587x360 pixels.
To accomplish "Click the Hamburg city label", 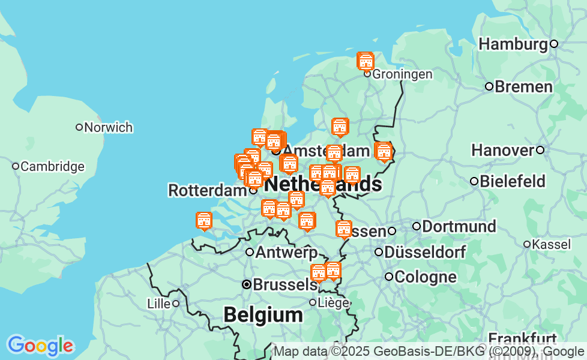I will tap(513, 44).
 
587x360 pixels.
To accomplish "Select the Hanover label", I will tap(502, 150).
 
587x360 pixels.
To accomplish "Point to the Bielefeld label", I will tap(513, 181).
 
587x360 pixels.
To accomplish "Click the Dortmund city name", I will tap(459, 227).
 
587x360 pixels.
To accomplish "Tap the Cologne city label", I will tap(426, 277).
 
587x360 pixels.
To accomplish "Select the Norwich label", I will tap(109, 128).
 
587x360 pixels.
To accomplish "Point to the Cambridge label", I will tap(52, 167).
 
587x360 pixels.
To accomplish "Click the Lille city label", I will tap(158, 304).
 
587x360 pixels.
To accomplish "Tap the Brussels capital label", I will tap(284, 285).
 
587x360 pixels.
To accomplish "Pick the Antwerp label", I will tap(286, 253).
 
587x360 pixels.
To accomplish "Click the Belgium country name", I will tap(263, 315).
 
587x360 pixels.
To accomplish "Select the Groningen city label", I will tap(402, 74).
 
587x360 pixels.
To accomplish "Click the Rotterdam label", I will tap(207, 191).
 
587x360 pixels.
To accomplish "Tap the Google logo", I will tap(40, 346).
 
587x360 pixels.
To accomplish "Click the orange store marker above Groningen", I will tap(366, 61).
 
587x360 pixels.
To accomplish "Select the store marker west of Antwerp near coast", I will tap(204, 221).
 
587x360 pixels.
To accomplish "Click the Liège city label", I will tap(334, 303).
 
